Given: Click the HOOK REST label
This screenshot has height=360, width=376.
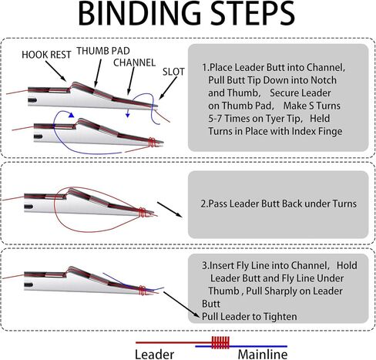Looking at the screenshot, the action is (x=46, y=55).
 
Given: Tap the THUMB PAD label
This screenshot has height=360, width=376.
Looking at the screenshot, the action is (x=103, y=51).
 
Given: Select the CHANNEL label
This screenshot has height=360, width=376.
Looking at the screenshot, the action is (x=134, y=62).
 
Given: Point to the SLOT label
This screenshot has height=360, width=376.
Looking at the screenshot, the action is (x=173, y=72).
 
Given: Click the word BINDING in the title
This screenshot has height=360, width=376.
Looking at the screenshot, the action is (x=139, y=14).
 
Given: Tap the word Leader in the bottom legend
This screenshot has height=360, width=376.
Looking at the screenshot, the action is (x=154, y=355).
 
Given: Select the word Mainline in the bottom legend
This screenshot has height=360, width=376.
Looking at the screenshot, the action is (x=263, y=355).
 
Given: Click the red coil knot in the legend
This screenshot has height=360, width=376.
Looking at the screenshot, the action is (x=220, y=342).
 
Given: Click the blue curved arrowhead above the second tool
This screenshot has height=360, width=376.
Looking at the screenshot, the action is (x=71, y=115).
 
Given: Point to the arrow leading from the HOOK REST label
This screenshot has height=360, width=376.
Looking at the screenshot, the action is (x=55, y=71).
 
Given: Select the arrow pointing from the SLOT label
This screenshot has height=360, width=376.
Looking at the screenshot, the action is (x=168, y=88).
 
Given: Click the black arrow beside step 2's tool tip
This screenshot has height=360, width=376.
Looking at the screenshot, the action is (x=170, y=210).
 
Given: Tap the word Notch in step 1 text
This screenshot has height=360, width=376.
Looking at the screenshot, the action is (x=324, y=80).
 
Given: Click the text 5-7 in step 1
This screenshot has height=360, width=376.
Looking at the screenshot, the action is (x=215, y=119).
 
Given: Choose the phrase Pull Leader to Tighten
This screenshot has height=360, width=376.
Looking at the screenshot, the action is (x=250, y=317).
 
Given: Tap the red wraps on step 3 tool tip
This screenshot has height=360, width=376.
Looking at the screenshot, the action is (x=143, y=291).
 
